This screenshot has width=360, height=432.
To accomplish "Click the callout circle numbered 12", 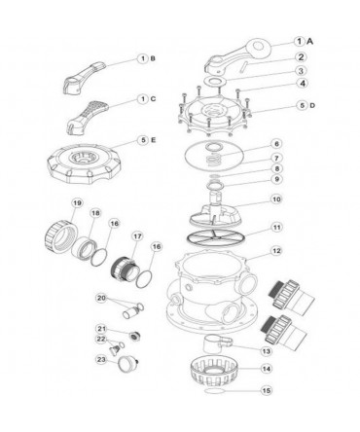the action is point(276,251).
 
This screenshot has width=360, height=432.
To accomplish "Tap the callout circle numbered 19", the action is point(77,203).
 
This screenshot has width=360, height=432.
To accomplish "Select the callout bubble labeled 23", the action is point(101,359).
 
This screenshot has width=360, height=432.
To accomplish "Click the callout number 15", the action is point(267,390).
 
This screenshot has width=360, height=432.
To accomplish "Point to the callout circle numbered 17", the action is point(137,236).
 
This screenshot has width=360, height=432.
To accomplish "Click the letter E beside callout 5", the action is point(153,140).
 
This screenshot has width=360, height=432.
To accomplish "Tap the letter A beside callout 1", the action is point(310,42).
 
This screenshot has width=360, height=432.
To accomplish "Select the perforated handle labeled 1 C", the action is point(89,117).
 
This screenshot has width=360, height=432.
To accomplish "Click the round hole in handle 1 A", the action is point(259,46).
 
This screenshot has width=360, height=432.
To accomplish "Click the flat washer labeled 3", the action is point(213,81).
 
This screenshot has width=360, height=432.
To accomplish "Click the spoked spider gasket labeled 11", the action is point(216,237).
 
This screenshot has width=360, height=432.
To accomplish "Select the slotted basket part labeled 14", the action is point(214,370).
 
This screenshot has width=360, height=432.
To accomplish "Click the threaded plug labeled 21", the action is point(133,336).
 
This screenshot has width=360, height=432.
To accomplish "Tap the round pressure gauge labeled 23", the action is point(126,365).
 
